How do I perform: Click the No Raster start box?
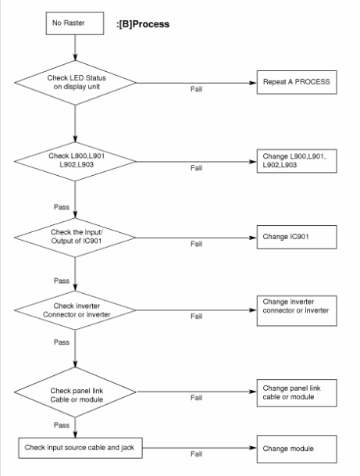coord(75,23)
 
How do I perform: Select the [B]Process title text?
coord(143,24)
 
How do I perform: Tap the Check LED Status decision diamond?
coord(75,83)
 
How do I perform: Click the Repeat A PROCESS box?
coord(297,82)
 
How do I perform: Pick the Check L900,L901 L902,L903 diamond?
coord(75,161)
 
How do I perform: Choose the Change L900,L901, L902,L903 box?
coord(297,161)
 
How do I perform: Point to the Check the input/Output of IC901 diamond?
coord(75,238)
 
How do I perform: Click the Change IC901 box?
coord(297,237)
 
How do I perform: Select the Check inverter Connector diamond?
coord(75,310)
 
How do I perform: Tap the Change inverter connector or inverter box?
coord(297,311)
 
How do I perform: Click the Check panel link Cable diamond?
coord(75,392)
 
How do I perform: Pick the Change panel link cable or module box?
coord(297,393)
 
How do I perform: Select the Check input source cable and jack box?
coord(80,448)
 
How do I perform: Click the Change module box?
coord(297,449)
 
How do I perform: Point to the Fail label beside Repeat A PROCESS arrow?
coord(196,89)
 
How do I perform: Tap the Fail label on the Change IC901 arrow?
coord(196,244)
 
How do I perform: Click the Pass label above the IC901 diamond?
coord(62,207)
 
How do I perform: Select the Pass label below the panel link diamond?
coord(62,425)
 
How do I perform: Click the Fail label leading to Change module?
coord(196,454)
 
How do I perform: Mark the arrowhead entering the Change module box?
coord(253,448)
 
